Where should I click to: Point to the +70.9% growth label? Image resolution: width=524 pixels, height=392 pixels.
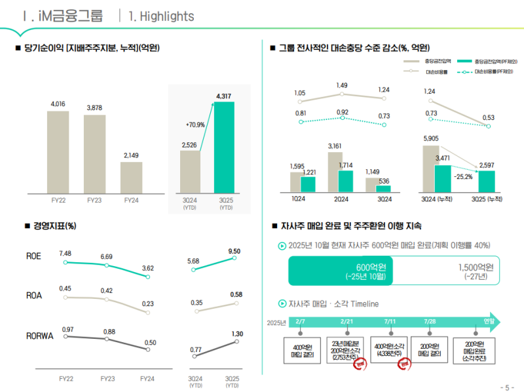coord(195,125)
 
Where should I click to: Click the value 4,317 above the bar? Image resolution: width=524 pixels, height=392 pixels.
coord(224,96)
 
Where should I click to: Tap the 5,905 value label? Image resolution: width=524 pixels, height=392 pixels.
coord(431,138)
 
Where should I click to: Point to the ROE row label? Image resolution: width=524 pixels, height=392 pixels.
coord(35,256)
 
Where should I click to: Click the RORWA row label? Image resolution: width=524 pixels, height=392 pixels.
coord(40,336)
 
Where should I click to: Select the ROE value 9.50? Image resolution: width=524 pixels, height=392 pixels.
coord(234,251)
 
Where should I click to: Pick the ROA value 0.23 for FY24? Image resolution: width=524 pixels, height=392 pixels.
coord(148,304)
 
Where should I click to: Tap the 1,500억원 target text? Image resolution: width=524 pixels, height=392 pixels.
coord(476,267)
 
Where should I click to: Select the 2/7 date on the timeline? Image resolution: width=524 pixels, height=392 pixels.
coord(300,321)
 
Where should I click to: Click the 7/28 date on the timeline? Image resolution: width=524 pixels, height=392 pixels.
coord(430,321)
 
